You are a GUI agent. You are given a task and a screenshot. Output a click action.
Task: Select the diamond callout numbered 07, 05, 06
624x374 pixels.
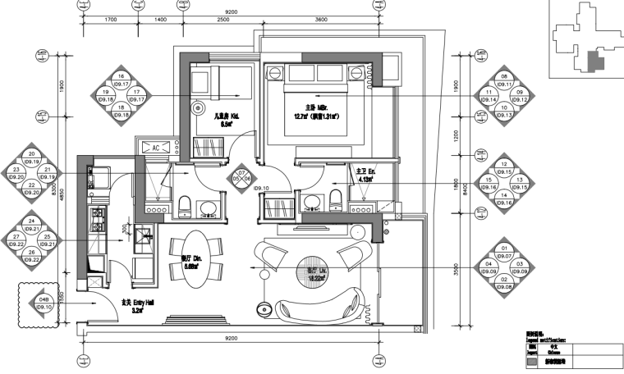pyautogui.click(x=241, y=177)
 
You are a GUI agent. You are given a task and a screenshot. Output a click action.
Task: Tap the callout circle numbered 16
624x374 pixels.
pyautogui.click(x=122, y=80)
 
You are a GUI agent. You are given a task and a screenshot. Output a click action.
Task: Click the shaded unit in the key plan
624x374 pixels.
pyautogui.click(x=595, y=60)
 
